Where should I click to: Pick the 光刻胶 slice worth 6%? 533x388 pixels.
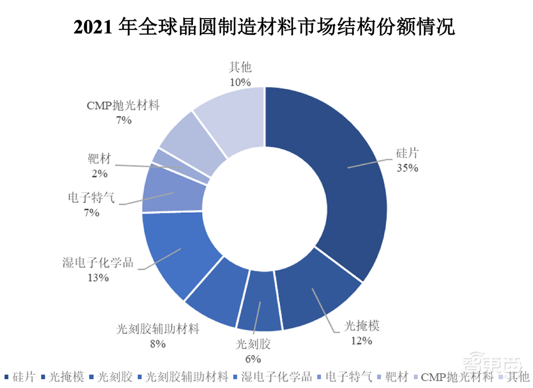tap(259, 303)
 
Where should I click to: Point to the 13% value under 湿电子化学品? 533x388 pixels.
tap(99, 277)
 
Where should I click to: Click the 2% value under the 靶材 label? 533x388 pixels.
tap(100, 173)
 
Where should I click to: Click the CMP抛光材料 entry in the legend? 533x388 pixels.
tap(457, 377)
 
